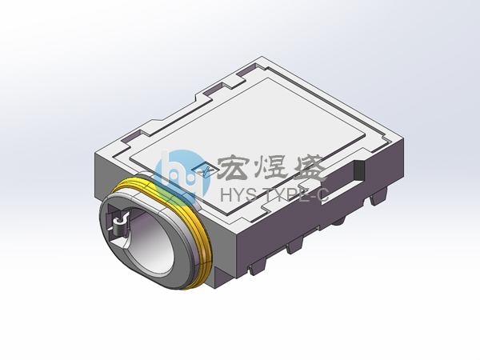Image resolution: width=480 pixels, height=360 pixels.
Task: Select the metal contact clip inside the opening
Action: coord(120,226)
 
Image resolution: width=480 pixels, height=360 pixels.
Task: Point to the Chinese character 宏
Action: coord(233,167)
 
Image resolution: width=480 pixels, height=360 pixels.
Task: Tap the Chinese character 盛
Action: coord(309,168)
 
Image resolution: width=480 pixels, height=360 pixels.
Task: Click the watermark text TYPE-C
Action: coord(296,194)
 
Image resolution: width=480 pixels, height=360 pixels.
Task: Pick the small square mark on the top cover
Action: coord(204,170)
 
